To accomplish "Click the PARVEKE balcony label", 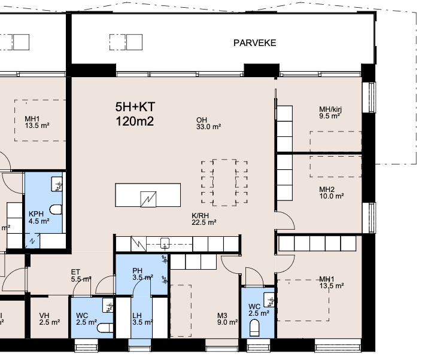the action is click(x=254, y=43).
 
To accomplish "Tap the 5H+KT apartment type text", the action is click(x=135, y=106).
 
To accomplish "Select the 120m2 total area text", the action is click(x=135, y=121).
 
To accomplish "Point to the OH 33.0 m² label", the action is click(x=208, y=123).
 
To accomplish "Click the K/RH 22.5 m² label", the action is click(x=204, y=219).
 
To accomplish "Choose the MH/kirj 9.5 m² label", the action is click(x=330, y=112).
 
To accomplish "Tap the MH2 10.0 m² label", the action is click(x=331, y=193).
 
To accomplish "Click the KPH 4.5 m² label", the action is click(x=39, y=218).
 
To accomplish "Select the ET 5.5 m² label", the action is click(x=81, y=276).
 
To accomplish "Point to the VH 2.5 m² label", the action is click(x=49, y=319).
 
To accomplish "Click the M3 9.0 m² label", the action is click(x=227, y=319).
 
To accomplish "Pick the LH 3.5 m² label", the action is click(x=142, y=319).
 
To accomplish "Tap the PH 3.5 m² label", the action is click(x=142, y=274).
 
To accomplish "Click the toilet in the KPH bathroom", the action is click(x=56, y=210).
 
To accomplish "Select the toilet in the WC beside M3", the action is click(x=254, y=328).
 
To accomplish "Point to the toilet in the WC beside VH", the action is click(x=105, y=328).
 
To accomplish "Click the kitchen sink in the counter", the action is click(x=165, y=243).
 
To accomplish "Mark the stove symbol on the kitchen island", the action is click(x=148, y=199).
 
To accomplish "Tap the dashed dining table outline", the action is click(x=224, y=182).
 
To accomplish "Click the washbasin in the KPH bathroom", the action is click(x=56, y=184).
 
